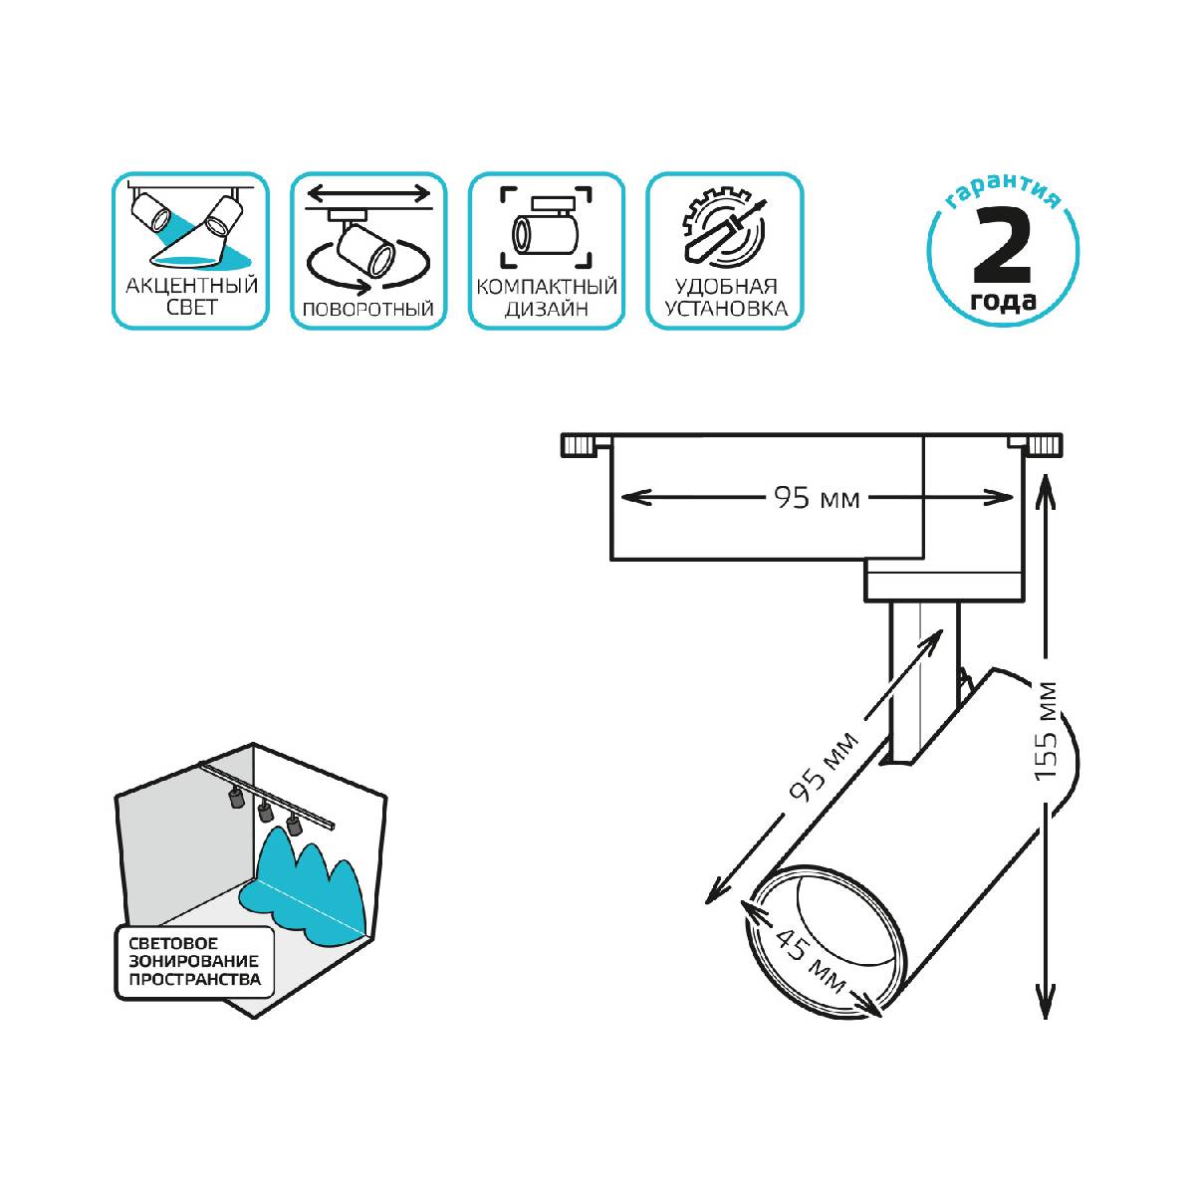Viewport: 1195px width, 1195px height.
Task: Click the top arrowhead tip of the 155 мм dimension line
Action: [1046, 474]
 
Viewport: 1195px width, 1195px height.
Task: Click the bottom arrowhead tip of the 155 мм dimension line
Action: [1046, 1019]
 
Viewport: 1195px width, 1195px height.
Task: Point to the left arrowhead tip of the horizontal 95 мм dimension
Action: [620, 497]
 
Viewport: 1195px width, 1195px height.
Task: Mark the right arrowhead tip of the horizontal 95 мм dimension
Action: [1013, 497]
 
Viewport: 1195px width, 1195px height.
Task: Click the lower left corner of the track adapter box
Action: [611, 560]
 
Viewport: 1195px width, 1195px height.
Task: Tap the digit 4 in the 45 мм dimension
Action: [785, 942]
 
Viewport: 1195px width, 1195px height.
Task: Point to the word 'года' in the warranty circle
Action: [1002, 300]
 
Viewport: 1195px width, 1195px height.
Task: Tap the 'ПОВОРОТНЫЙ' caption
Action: [368, 309]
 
